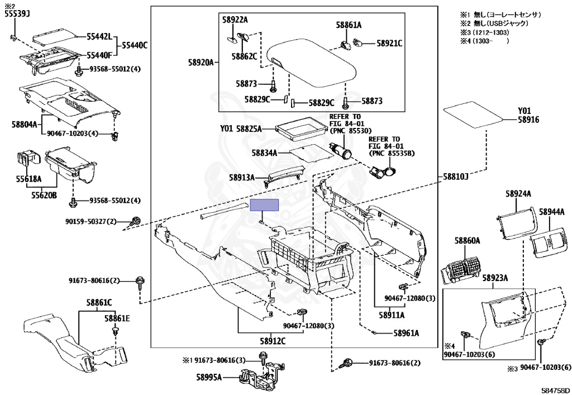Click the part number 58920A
click(201, 63)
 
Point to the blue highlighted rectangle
click(264, 205)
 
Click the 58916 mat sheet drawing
click(474, 115)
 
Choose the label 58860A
click(468, 241)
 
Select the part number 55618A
click(28, 179)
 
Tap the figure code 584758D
click(556, 391)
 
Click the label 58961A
click(407, 333)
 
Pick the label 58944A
click(551, 212)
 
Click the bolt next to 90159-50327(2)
click(136, 221)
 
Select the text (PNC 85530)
click(350, 131)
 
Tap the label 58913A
click(242, 178)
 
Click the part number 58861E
click(117, 319)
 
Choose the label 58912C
click(273, 341)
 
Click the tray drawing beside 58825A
click(301, 129)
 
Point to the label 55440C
click(135, 46)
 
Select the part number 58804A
click(25, 125)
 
